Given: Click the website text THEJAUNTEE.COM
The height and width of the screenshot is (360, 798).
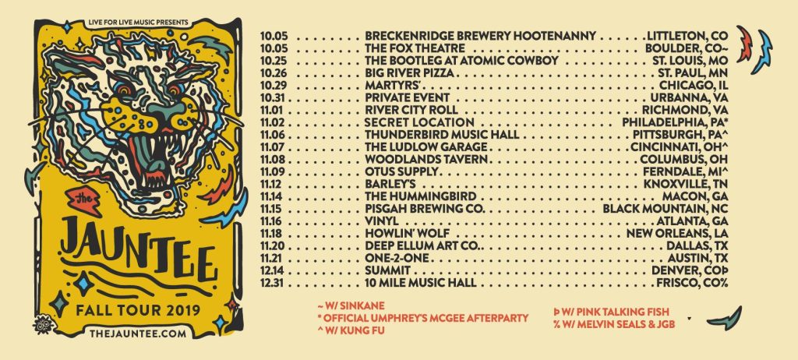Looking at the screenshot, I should click(x=139, y=333).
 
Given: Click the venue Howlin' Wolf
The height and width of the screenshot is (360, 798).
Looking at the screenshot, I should click(x=405, y=232).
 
